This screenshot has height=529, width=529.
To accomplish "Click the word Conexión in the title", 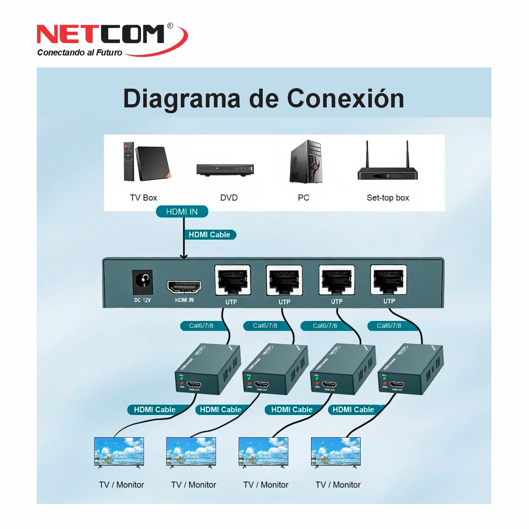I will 345,98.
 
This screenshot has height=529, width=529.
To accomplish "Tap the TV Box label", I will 143,198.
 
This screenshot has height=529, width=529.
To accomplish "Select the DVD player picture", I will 226,170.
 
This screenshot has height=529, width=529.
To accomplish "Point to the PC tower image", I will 306,162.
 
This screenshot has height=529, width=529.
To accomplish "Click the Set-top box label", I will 388,198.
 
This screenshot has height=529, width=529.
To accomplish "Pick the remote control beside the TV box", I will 129,161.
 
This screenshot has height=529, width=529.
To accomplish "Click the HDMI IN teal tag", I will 182,212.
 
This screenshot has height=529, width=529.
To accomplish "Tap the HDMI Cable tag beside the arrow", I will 209,235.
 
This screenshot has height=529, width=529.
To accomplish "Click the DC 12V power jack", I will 143,282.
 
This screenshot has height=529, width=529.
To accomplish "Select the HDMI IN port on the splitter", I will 184,286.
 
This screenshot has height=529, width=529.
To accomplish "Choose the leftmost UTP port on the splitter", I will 232,281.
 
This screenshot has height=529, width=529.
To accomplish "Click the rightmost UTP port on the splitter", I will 388,280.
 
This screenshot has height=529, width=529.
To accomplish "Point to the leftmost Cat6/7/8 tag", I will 201,326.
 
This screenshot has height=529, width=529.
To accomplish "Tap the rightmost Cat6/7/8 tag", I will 388,326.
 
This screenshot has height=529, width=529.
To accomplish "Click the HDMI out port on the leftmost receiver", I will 194,384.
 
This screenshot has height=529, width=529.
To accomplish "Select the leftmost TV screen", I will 119,452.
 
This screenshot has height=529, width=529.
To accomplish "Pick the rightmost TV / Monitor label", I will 338,485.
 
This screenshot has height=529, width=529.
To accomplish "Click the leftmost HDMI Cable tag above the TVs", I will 154,410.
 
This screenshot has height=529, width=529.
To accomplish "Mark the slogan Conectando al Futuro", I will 80,53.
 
